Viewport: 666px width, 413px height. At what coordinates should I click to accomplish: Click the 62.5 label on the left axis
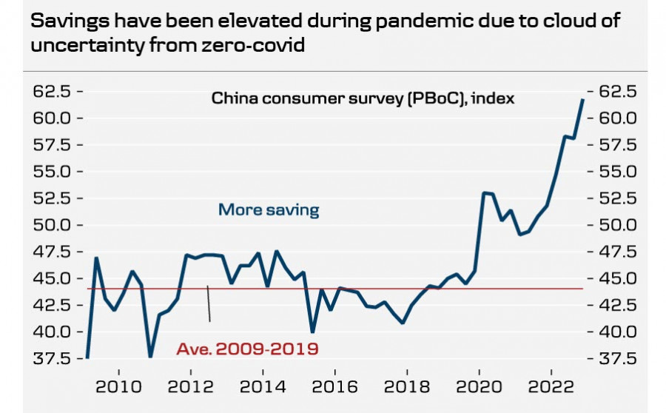pyautogui.click(x=51, y=92)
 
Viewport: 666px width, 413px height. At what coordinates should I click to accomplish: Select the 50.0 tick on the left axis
pyautogui.click(x=51, y=225)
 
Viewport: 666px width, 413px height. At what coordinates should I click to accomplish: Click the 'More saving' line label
pyautogui.click(x=269, y=210)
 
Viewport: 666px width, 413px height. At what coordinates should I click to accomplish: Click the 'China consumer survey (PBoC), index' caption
pyautogui.click(x=363, y=98)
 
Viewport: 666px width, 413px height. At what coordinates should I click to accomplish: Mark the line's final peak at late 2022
pyautogui.click(x=582, y=99)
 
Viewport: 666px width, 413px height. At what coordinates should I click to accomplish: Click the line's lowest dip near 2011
pyautogui.click(x=151, y=356)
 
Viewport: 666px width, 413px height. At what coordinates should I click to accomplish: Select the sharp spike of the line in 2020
pyautogui.click(x=484, y=193)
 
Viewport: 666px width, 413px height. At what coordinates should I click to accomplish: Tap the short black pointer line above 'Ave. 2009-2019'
pyautogui.click(x=209, y=303)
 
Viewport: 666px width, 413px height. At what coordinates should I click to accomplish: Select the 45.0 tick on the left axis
pyautogui.click(x=51, y=278)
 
